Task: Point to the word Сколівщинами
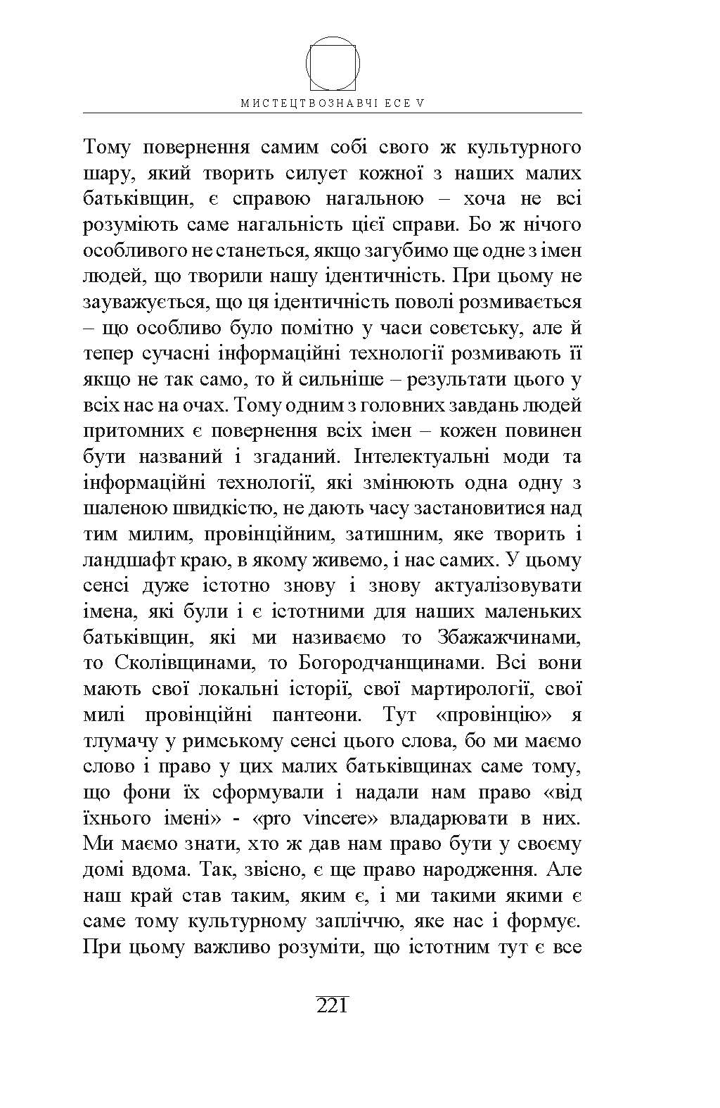click(185, 663)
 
